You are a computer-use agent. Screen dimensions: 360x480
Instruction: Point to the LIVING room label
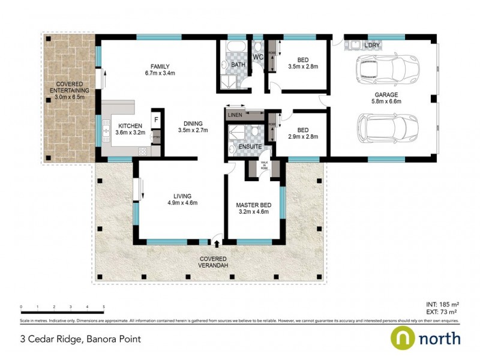tap(182, 196)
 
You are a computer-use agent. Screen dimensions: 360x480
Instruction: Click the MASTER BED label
tap(253, 205)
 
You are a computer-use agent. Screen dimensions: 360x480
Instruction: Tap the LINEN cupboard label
tap(235, 114)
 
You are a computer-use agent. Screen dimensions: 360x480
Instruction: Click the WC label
tap(258, 58)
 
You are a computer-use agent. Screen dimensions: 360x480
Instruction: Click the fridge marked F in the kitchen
tap(156, 119)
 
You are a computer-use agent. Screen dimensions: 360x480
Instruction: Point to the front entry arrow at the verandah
tap(216, 243)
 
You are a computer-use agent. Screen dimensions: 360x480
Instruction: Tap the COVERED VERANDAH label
tap(215, 262)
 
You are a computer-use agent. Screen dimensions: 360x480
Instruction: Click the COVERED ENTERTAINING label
tap(66, 88)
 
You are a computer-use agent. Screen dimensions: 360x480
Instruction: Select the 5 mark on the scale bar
tap(104, 306)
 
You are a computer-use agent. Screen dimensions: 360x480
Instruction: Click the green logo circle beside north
tap(402, 338)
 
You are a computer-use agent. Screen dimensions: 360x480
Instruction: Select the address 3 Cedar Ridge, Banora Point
tap(81, 339)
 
